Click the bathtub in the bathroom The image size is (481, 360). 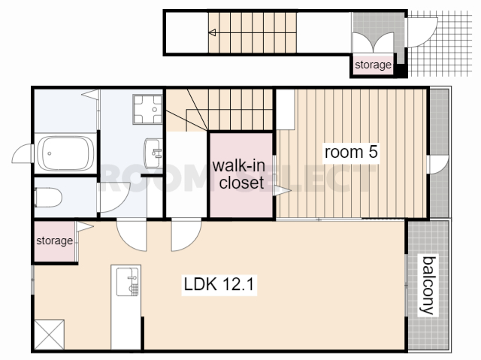coord(65,153)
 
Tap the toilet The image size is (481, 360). coord(48,198)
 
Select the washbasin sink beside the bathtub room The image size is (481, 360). coord(153,153)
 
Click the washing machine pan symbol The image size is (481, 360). coord(147,109)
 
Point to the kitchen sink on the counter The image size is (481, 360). coord(127,282)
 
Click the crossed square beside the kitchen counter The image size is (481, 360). coord(50,334)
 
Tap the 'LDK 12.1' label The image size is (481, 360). coord(219,284)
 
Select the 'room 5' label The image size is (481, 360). coord(351,152)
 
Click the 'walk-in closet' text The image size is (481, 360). coord(239,174)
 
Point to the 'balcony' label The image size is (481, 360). coord(428,285)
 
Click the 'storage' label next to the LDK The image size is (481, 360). coord(55,241)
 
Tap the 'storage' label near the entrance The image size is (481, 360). coord(373,65)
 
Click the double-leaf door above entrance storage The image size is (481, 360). coord(373,42)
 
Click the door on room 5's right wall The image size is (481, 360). coord(438,165)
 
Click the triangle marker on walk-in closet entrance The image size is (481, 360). coord(283,191)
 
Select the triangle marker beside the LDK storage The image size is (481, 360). coord(85,227)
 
